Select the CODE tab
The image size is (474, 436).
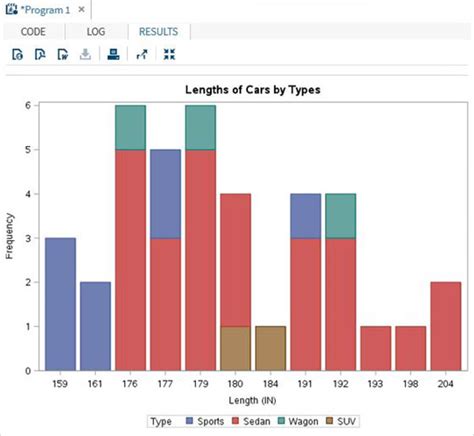[x=33, y=32]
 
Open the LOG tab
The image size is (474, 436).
[x=96, y=32]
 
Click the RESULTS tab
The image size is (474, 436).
[x=158, y=32]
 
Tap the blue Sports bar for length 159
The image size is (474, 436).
[x=61, y=304]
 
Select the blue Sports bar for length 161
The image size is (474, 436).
[x=96, y=326]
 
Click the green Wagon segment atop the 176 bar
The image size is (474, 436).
[x=131, y=127]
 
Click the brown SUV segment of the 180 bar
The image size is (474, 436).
[x=235, y=348]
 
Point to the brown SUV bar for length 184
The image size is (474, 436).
[x=269, y=348]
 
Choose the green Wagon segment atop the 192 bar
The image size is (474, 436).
[x=339, y=215]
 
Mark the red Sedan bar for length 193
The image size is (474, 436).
[x=374, y=348]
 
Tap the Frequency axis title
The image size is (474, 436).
[x=10, y=237]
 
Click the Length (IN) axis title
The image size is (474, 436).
[x=252, y=399]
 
